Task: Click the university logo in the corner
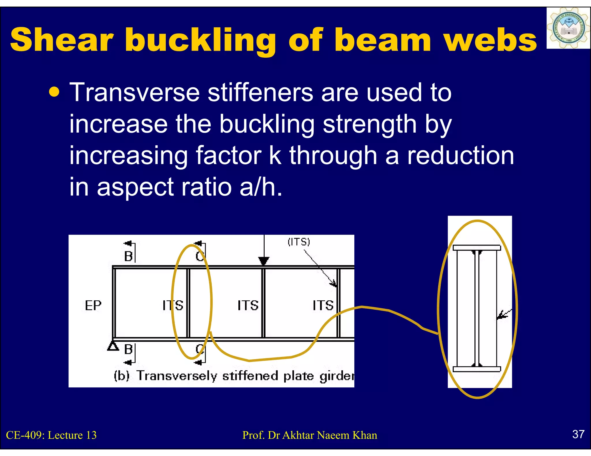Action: (568, 28)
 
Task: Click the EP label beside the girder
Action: (93, 306)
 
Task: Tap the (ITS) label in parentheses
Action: (299, 242)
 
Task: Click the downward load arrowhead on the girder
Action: (263, 261)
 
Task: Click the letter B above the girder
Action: (128, 256)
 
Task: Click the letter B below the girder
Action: (128, 349)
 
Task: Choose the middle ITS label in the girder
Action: (248, 306)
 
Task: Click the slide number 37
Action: (578, 434)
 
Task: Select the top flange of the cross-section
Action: (477, 248)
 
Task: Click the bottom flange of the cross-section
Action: (477, 369)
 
